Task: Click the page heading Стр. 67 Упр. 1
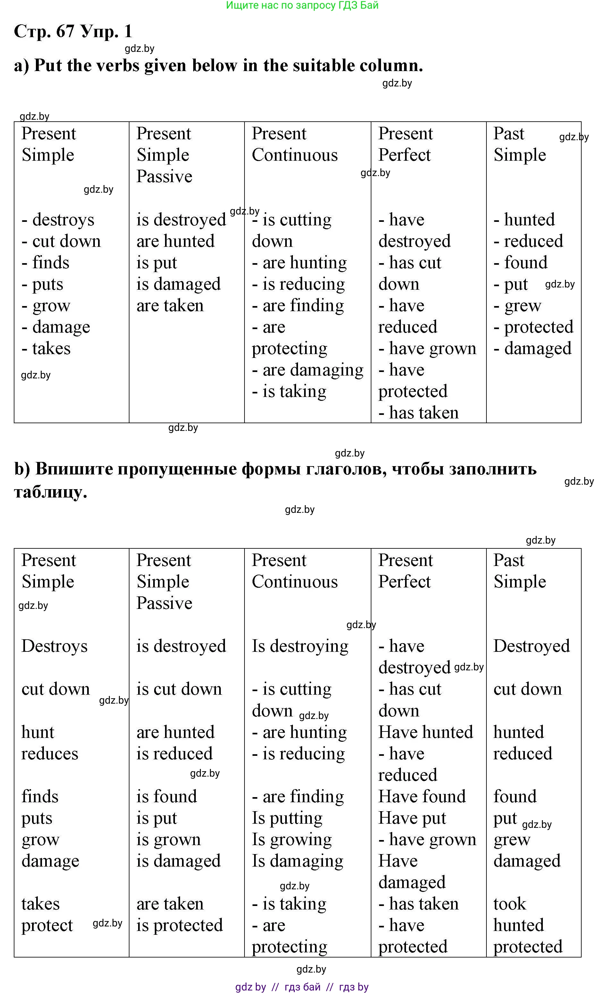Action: click(73, 31)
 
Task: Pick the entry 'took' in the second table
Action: click(510, 904)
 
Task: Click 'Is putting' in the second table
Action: click(287, 818)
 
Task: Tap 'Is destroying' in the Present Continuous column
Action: click(300, 646)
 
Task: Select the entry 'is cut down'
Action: click(179, 689)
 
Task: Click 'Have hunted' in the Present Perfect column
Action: click(425, 732)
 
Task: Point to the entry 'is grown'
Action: click(169, 839)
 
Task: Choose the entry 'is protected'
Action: click(179, 925)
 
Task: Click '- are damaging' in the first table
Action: click(308, 370)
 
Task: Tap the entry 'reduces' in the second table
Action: click(50, 754)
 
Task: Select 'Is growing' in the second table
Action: click(292, 839)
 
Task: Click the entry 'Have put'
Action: click(412, 818)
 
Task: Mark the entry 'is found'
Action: click(166, 797)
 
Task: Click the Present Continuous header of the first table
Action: click(294, 144)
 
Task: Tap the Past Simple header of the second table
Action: click(519, 571)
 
